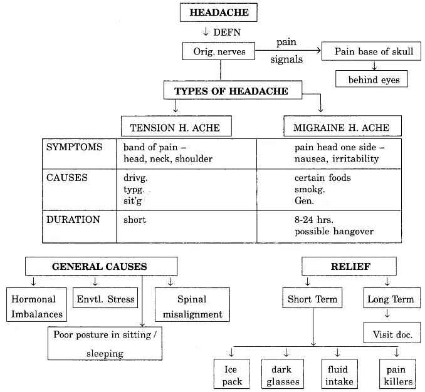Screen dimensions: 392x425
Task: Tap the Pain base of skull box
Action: pyautogui.click(x=374, y=52)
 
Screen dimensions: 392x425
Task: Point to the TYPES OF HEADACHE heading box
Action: pyautogui.click(x=231, y=91)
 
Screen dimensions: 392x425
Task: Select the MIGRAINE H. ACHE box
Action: pyautogui.click(x=341, y=128)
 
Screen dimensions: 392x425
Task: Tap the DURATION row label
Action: pyautogui.click(x=73, y=220)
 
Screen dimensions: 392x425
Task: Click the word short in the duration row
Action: pyautogui.click(x=135, y=220)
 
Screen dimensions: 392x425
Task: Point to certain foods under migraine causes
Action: pyautogui.click(x=322, y=178)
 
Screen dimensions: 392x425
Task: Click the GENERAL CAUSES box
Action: pyautogui.click(x=100, y=266)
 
